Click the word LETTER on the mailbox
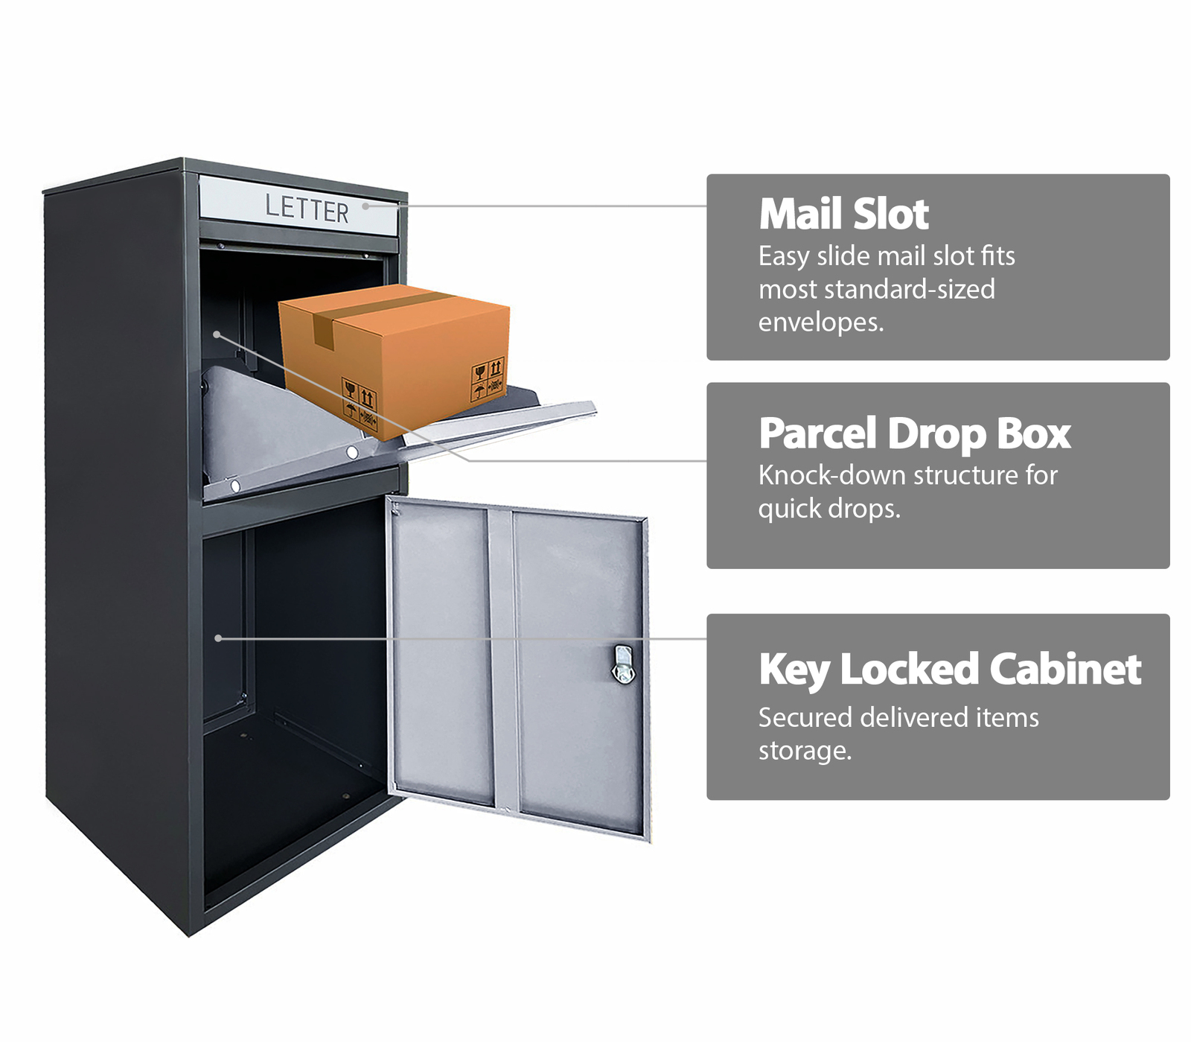307,209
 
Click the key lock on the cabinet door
624,664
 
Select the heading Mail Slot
843,215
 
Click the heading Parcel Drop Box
915,435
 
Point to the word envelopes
821,323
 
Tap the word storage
805,752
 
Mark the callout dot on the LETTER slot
365,206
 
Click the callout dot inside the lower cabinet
218,638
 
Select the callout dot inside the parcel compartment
217,334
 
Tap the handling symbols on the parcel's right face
488,381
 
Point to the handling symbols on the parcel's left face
360,404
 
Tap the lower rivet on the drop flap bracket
235,486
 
